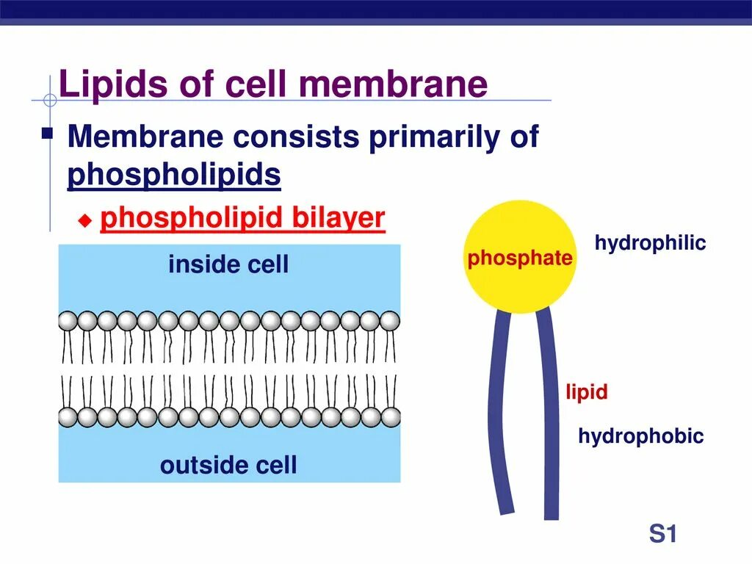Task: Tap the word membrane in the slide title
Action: (x=393, y=84)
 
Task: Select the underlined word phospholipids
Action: (x=174, y=176)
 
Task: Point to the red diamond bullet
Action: (x=85, y=221)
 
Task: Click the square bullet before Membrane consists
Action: (x=48, y=134)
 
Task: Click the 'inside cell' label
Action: (x=228, y=264)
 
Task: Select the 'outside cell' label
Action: (x=228, y=465)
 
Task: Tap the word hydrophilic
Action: (x=650, y=243)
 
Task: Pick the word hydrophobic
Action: (x=640, y=437)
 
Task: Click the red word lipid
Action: (x=586, y=392)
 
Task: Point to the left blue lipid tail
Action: (x=499, y=411)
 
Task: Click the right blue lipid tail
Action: (x=550, y=411)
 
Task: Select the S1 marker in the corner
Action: (x=662, y=534)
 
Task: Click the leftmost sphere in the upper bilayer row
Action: (x=68, y=321)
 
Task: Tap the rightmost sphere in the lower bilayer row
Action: (x=391, y=417)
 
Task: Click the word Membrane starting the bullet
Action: (x=138, y=137)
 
